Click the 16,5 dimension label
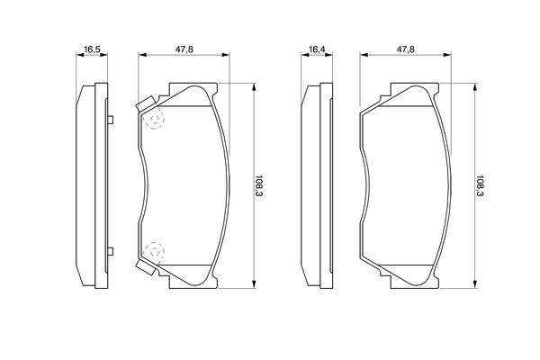[x=92, y=49]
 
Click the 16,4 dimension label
[x=317, y=49]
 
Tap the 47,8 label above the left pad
[x=184, y=49]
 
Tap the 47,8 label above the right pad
[x=406, y=49]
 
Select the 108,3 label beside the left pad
[x=258, y=185]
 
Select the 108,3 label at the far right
[x=480, y=185]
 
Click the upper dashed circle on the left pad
[x=154, y=118]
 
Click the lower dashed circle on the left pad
[x=154, y=252]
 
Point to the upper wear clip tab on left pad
[x=146, y=103]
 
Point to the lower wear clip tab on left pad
[x=146, y=266]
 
